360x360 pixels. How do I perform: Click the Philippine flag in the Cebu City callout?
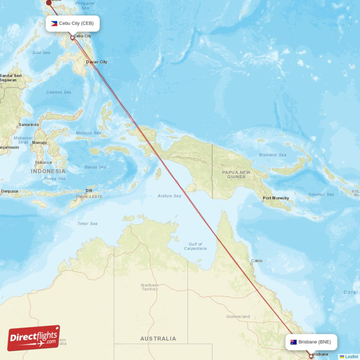point(54,23)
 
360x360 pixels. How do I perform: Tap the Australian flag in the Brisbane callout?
point(293,342)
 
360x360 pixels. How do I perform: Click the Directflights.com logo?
point(34,338)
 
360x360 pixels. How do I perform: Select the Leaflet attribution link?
point(351,357)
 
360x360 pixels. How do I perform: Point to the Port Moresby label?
point(276,198)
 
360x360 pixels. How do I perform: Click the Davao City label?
point(97,62)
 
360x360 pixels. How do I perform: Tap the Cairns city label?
point(257,261)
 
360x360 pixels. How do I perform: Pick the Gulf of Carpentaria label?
point(195,246)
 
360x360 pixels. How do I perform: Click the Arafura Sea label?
point(169,196)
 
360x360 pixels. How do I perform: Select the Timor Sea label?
point(87,224)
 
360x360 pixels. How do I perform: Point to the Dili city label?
point(89,190)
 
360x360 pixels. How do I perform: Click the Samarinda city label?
point(28,125)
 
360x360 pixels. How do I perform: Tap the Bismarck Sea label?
point(272,155)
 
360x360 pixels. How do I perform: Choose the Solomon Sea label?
point(321,194)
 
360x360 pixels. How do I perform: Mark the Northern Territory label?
point(149,287)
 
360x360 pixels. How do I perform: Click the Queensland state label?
point(238,316)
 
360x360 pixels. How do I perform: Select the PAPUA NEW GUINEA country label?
point(236,175)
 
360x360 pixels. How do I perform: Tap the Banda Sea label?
point(95,167)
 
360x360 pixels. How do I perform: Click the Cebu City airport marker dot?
point(72,38)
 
